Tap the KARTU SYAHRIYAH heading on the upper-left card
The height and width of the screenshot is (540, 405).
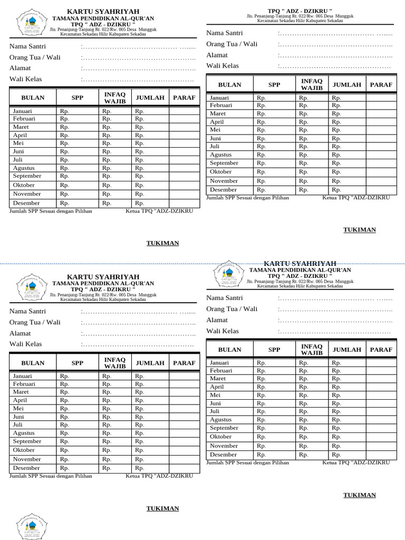(103, 12)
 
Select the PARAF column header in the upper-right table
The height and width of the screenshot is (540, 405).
(381, 84)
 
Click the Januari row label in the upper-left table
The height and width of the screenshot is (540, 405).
(23, 111)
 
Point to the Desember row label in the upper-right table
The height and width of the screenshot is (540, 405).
(224, 189)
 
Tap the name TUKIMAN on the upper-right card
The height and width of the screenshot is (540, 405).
(360, 230)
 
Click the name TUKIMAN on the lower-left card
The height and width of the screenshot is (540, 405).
(162, 508)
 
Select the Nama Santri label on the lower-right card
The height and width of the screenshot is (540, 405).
(225, 298)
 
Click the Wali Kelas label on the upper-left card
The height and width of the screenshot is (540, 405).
(26, 79)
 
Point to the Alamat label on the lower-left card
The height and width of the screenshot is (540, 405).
(20, 333)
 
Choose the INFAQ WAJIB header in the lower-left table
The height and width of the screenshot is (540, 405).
(115, 363)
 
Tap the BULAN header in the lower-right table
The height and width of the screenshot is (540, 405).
(229, 350)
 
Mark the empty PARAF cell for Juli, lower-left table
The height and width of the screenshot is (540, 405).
(184, 425)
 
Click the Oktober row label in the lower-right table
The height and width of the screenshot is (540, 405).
(221, 437)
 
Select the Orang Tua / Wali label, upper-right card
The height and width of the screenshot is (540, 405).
(232, 44)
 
